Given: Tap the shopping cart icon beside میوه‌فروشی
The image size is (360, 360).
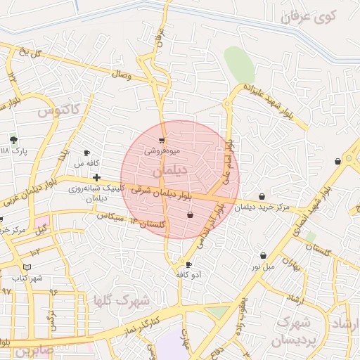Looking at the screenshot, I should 162,140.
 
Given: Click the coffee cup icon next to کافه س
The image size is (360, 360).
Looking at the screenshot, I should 87,153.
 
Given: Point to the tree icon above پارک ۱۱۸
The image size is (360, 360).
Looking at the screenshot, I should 13,140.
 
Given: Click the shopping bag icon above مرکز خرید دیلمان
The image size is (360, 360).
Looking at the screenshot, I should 262,196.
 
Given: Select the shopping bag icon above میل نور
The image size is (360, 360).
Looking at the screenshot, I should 263,255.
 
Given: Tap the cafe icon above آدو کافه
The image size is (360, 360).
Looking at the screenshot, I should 188,264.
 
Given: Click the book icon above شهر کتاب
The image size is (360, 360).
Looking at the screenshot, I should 27,267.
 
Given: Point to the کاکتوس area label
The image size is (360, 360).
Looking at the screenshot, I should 59,110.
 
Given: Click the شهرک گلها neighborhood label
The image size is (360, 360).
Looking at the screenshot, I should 122,300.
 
